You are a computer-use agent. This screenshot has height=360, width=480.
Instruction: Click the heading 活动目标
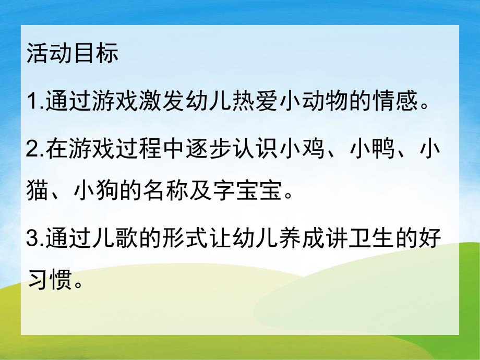click(73, 54)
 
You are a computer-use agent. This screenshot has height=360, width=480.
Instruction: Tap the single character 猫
click(37, 195)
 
